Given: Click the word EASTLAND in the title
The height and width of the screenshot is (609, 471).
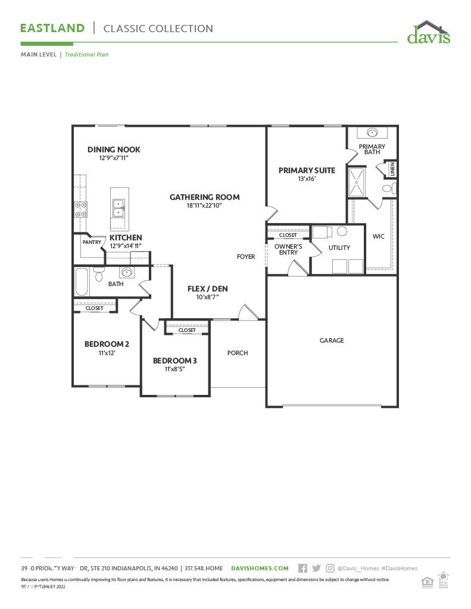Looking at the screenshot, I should click(x=53, y=28).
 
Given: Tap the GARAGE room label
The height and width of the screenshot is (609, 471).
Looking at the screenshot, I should click(x=332, y=341).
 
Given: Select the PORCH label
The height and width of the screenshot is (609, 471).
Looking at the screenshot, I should click(x=238, y=353).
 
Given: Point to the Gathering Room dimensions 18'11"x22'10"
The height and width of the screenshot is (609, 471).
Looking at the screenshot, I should click(x=204, y=206).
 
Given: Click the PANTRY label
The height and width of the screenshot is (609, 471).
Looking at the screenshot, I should click(x=92, y=242).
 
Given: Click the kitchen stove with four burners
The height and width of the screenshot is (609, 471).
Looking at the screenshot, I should click(x=80, y=209).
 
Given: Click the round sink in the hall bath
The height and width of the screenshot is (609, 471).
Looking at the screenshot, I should click(x=127, y=272).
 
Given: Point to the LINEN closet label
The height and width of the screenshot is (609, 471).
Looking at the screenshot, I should click(x=392, y=168).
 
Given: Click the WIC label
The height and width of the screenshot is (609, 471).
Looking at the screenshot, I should click(x=378, y=236).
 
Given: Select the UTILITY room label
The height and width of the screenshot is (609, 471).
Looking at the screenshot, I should click(x=339, y=247).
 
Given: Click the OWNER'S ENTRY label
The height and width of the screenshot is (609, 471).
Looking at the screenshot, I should click(x=288, y=249).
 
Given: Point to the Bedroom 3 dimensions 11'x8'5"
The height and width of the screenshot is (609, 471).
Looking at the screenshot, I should click(x=174, y=369).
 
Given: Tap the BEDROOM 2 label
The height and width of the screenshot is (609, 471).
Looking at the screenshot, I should click(x=107, y=344).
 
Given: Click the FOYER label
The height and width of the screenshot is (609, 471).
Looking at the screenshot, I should click(x=246, y=257).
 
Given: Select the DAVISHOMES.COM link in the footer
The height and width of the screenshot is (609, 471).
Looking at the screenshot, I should click(x=260, y=569).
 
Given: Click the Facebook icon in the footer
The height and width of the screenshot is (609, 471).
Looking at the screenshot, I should click(x=302, y=569).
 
